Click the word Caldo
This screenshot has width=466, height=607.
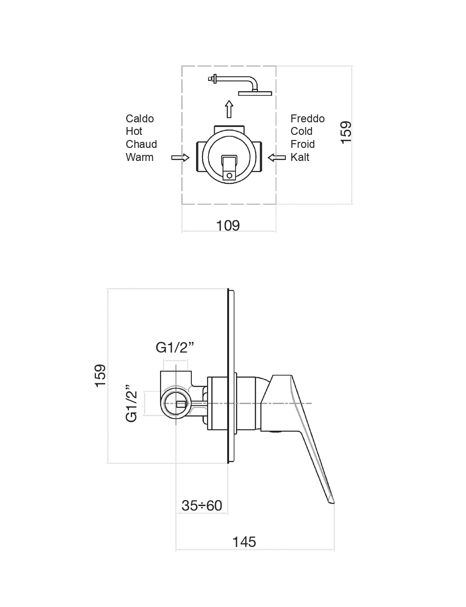point(140,119)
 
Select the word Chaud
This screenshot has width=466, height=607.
point(141,144)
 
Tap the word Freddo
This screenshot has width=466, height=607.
point(307,119)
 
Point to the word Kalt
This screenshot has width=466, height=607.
point(300,157)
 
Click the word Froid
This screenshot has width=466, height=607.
point(303,144)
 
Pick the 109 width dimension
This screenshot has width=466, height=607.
point(228,226)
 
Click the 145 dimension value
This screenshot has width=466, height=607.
point(244,542)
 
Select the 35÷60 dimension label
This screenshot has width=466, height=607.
point(202,506)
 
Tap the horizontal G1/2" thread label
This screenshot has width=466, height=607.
point(175,347)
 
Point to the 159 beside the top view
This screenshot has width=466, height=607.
point(346,133)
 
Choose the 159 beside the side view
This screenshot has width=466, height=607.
point(100,375)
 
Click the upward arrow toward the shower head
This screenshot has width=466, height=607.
point(229,109)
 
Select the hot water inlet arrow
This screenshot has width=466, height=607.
point(181,158)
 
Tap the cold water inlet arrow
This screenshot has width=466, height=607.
point(277,158)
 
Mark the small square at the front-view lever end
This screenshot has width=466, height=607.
point(229,175)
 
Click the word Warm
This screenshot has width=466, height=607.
point(139,157)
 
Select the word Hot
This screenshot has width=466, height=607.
point(134,131)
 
